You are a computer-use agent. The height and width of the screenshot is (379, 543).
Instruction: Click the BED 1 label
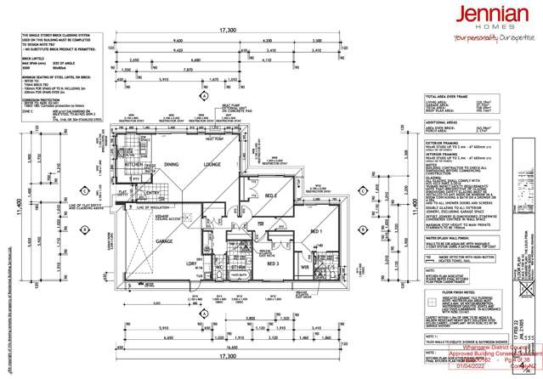pyautogui.click(x=314, y=231)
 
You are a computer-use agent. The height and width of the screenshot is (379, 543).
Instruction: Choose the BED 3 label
pyautogui.click(x=274, y=263)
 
